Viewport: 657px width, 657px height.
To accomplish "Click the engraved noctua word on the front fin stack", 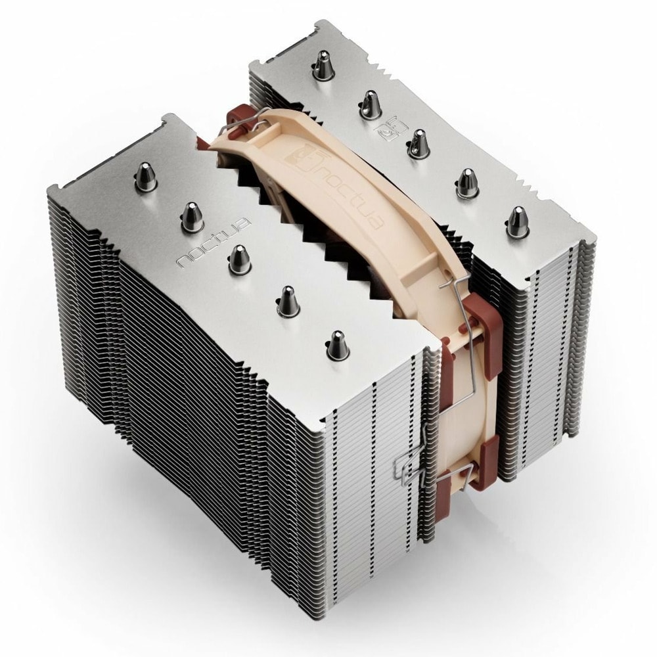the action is [214, 242].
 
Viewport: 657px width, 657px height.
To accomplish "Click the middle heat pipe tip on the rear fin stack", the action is [417, 144].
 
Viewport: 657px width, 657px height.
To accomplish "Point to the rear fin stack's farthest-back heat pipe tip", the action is [322, 65].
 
